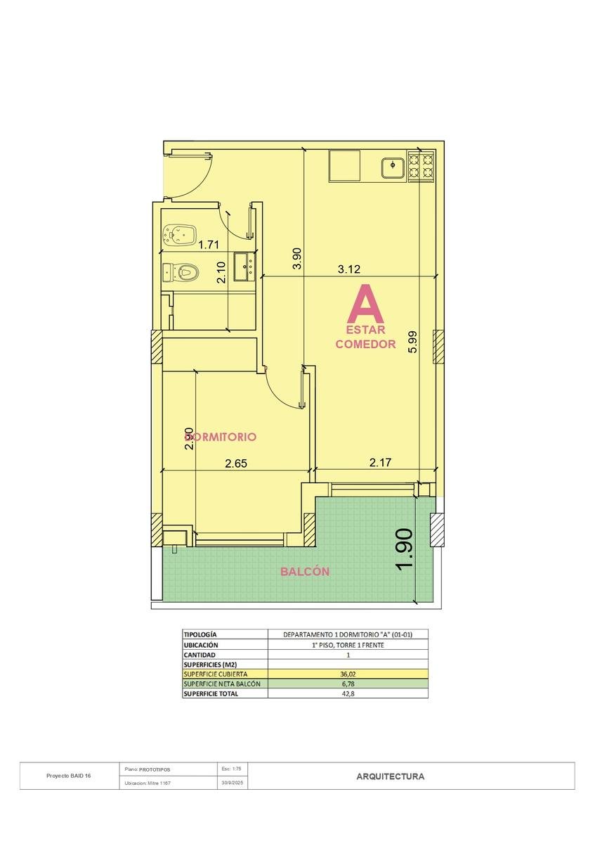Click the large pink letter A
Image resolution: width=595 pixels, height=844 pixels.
[x=365, y=303]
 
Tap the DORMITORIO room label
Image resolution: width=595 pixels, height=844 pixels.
[x=221, y=437]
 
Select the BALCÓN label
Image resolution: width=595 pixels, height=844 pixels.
[x=305, y=571]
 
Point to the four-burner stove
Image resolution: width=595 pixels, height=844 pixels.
[x=421, y=166]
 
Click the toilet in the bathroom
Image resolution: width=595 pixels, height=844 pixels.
[x=181, y=271]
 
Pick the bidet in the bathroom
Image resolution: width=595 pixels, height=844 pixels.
[x=181, y=235]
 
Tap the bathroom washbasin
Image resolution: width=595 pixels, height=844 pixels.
[x=244, y=267]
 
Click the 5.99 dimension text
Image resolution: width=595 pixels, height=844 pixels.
[x=413, y=342]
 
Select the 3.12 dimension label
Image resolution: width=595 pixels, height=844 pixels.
[x=349, y=269]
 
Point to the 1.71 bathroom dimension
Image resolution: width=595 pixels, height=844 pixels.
[x=209, y=245]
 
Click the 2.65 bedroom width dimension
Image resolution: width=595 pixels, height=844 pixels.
[x=236, y=463]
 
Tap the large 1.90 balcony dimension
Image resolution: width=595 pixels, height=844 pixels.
[x=405, y=548]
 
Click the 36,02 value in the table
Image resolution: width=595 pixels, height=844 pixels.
[x=348, y=674]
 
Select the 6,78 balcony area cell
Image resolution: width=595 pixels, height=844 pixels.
[x=348, y=684]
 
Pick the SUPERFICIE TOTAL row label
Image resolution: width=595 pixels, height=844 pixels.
[x=211, y=693]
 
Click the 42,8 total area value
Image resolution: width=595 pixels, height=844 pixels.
[x=348, y=693]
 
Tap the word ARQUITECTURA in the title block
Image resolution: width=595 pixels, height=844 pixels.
[x=391, y=776]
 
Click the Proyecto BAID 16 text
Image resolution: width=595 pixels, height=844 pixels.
[x=69, y=776]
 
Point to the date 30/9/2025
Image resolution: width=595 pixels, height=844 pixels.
[x=233, y=783]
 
